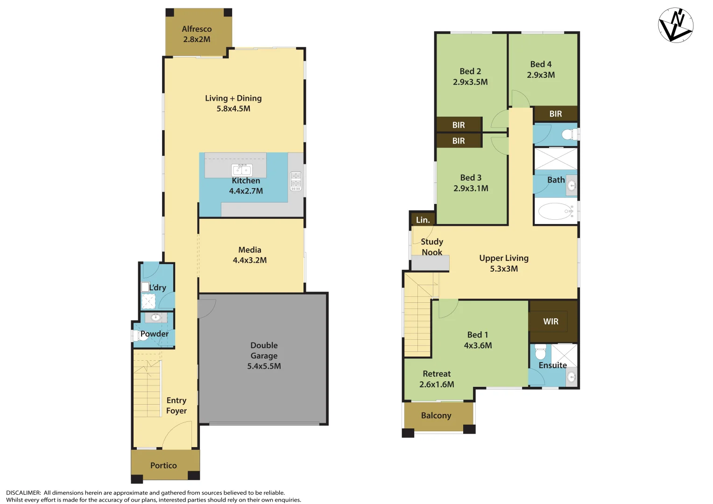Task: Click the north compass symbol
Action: click(x=676, y=25)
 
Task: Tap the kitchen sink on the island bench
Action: click(x=242, y=170)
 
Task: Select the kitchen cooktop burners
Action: click(x=296, y=181)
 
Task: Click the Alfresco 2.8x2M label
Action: click(x=197, y=34)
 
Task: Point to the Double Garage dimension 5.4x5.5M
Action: click(x=264, y=366)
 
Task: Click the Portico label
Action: click(x=163, y=465)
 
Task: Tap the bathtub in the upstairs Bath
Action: click(x=555, y=211)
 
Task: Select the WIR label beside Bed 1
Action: click(x=551, y=322)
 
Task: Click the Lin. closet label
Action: click(x=423, y=220)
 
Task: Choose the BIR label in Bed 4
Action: click(x=555, y=114)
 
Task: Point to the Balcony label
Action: click(x=436, y=415)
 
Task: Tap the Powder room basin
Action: click(x=155, y=318)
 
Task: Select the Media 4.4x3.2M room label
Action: click(x=250, y=255)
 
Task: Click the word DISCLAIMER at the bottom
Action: click(x=23, y=493)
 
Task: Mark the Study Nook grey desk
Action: click(x=430, y=263)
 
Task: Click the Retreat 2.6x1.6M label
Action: click(x=437, y=379)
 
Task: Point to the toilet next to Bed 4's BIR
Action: click(x=568, y=135)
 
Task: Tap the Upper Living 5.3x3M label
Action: click(x=504, y=263)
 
